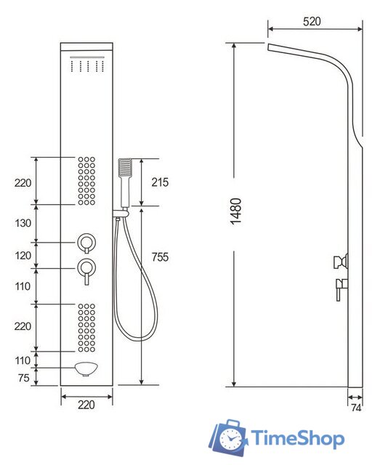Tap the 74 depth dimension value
click(x=356, y=409)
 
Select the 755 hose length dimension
click(x=160, y=257)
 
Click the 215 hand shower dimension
click(x=159, y=182)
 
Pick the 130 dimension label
click(x=23, y=224)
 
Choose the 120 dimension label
click(x=23, y=256)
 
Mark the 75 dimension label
click(x=23, y=377)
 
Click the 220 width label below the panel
click(x=86, y=409)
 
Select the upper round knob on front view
click(x=86, y=241)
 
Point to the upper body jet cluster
click(x=86, y=180)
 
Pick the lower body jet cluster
click(x=86, y=327)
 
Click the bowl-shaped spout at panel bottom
click(x=86, y=368)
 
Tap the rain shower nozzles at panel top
click(x=86, y=68)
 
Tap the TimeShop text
click(x=298, y=439)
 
